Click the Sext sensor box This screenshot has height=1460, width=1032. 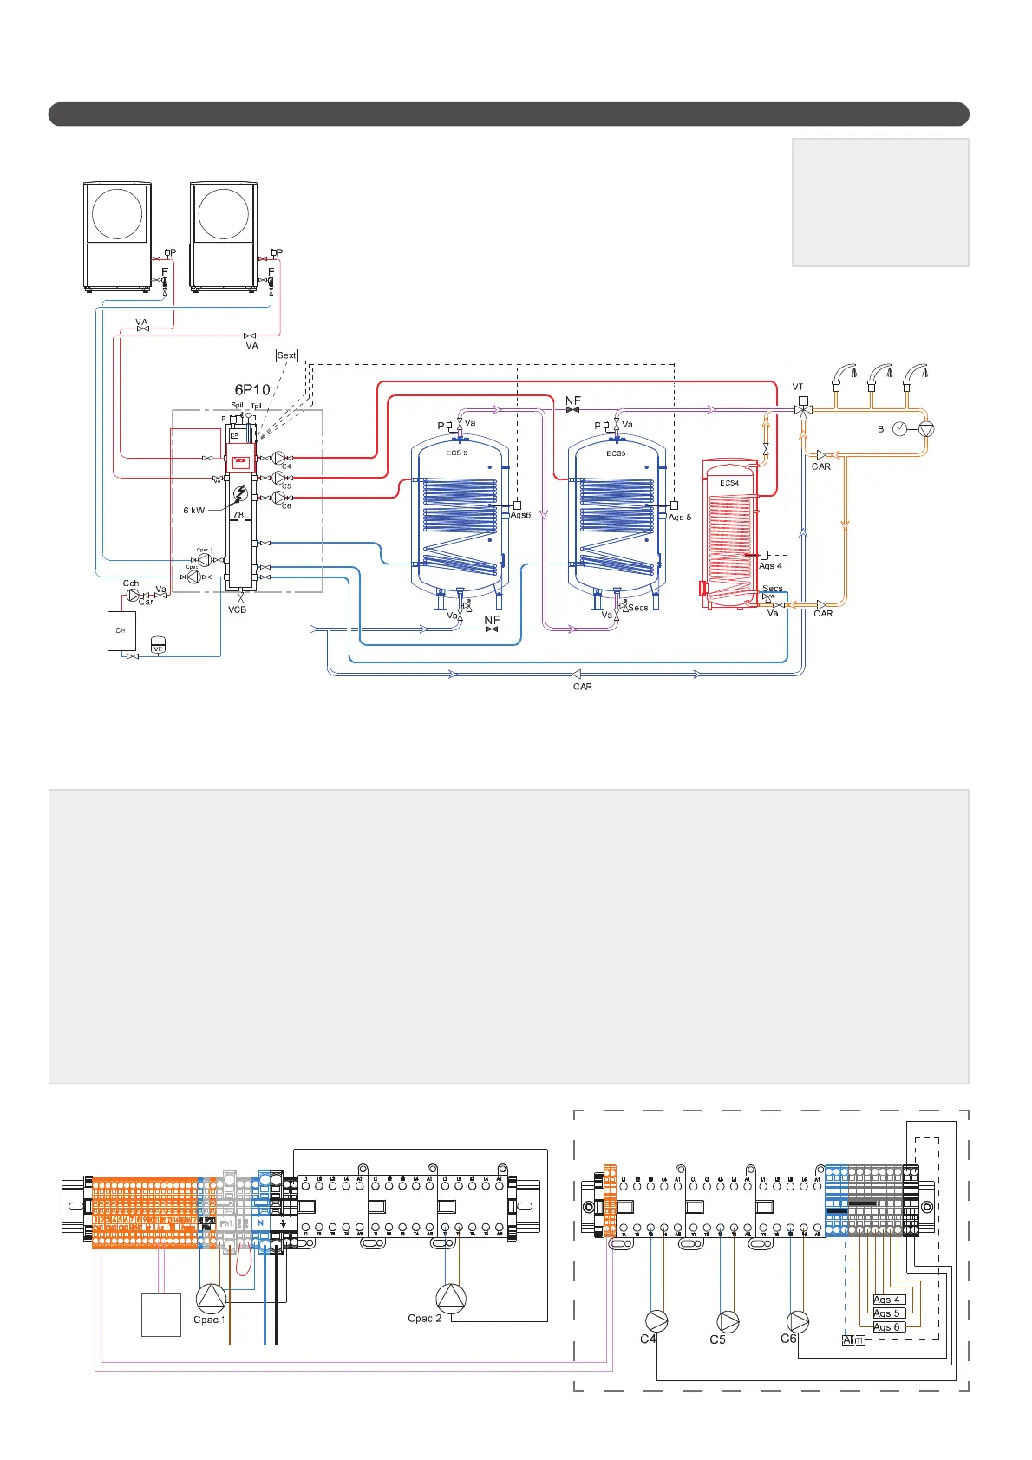pos(286,355)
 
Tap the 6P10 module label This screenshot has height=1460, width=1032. pos(252,390)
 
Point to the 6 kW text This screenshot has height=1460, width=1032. pos(194,511)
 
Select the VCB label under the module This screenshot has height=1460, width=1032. pos(238,609)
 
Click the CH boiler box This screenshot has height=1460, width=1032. pos(121,630)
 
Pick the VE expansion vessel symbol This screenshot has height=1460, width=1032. pos(159,646)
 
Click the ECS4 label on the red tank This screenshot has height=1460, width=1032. pos(729,483)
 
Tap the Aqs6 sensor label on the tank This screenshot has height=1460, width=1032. pos(520,515)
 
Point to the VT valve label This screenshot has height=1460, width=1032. pos(798,387)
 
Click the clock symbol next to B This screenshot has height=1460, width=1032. pos(900,428)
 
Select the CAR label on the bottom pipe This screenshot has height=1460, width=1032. pos(583,687)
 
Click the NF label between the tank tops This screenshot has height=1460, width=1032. pos(573,401)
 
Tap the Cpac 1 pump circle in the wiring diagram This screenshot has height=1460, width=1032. pos(211,1298)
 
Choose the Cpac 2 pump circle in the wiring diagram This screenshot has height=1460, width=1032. pos(451,1298)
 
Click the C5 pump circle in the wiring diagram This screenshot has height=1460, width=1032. pos(728,1321)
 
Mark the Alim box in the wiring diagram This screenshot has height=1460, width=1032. pos(853,1340)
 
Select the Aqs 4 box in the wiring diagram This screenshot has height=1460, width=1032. pos(888,1300)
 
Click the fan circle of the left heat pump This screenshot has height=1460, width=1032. pos(117,213)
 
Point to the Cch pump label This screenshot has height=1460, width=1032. pos(131,583)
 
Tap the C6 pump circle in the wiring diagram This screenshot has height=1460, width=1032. pos(798,1321)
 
